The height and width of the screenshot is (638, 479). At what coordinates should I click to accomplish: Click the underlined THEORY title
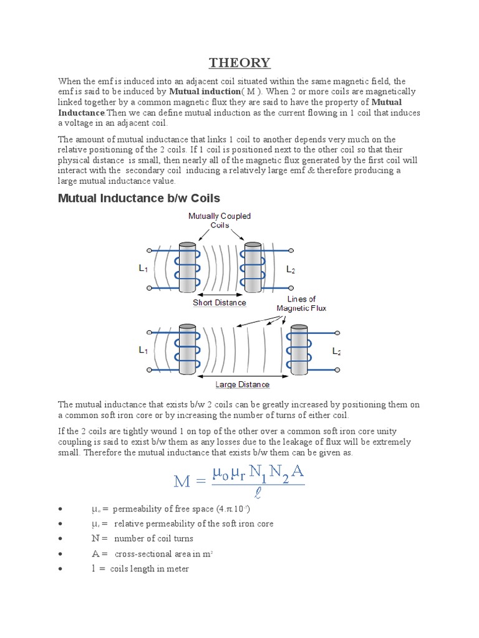(x=239, y=62)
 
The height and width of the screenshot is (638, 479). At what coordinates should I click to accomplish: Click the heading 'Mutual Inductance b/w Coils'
(x=138, y=198)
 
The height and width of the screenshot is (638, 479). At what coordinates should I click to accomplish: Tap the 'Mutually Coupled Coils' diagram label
(x=220, y=221)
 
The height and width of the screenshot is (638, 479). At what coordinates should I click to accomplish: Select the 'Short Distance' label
(x=219, y=303)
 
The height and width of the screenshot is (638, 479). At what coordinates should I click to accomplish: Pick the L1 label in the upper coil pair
(x=143, y=269)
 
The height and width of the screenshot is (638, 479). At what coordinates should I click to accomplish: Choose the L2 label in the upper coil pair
(x=291, y=270)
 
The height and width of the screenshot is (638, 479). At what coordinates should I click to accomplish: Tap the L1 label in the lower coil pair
(x=143, y=351)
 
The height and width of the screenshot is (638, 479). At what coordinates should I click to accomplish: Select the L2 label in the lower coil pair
(x=337, y=352)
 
